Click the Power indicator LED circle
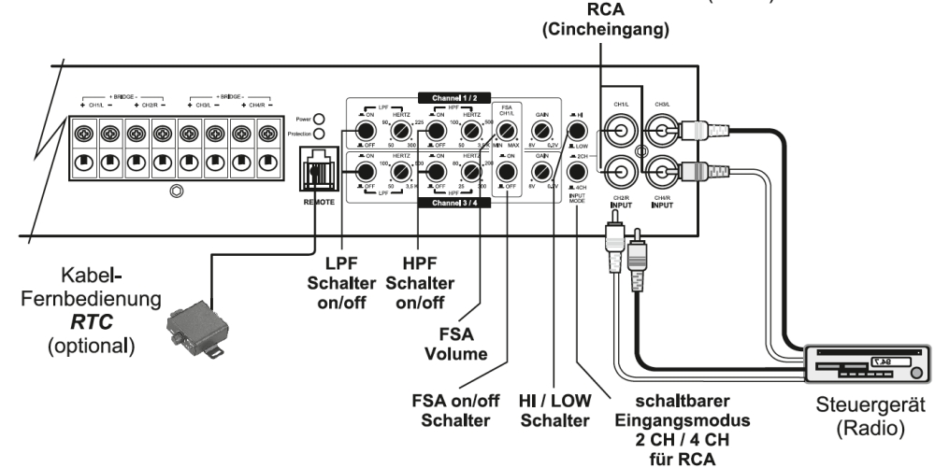point(319,120)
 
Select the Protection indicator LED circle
point(319,134)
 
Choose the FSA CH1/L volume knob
point(506,131)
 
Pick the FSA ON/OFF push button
point(506,172)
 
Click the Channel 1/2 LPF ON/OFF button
point(361,132)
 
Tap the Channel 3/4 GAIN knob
point(539,172)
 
